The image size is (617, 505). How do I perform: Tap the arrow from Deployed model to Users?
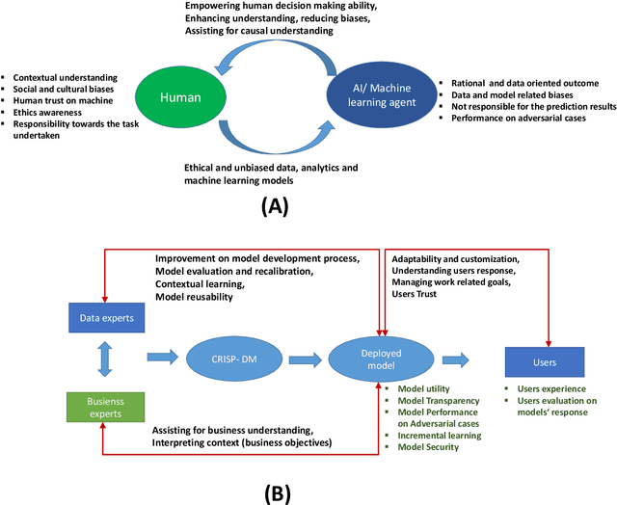(x=455, y=359)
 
